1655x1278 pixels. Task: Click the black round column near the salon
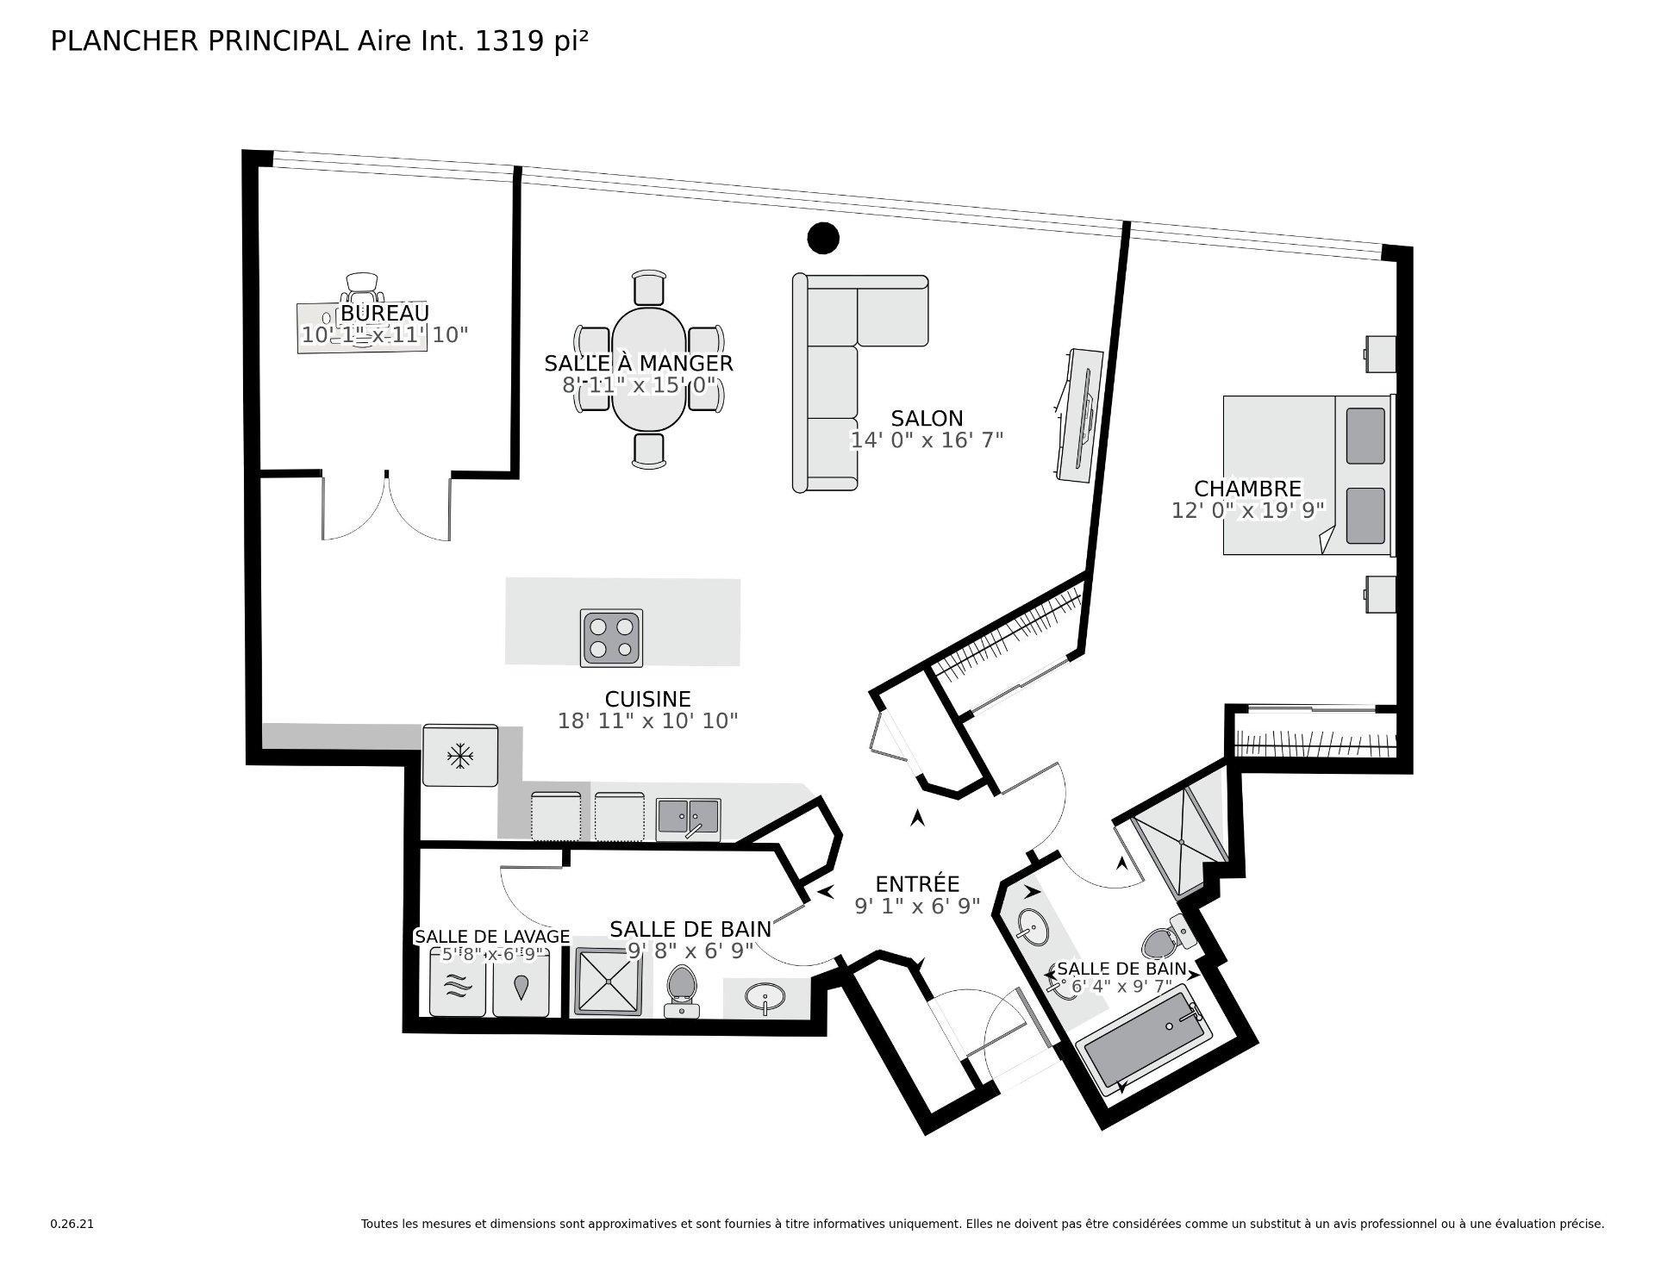click(x=823, y=238)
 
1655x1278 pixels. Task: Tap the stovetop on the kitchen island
click(x=612, y=637)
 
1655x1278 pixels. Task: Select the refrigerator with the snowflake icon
click(x=460, y=756)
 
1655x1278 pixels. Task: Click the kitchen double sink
click(x=688, y=820)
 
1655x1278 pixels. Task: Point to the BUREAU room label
click(x=384, y=313)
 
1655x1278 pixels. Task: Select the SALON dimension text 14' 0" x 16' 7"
click(x=927, y=440)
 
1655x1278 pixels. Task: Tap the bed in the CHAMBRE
click(x=1306, y=475)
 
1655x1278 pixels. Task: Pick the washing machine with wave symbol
click(x=459, y=982)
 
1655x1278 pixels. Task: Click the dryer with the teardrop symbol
click(x=521, y=982)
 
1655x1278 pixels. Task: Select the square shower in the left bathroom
click(x=609, y=981)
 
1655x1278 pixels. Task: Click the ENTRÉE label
click(x=917, y=884)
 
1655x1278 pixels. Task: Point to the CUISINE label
click(x=647, y=699)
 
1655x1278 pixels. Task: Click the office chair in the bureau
click(x=362, y=285)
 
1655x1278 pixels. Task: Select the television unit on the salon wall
click(x=1081, y=415)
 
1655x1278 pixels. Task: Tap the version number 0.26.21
click(x=72, y=1224)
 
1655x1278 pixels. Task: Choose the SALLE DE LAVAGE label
click(x=491, y=937)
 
